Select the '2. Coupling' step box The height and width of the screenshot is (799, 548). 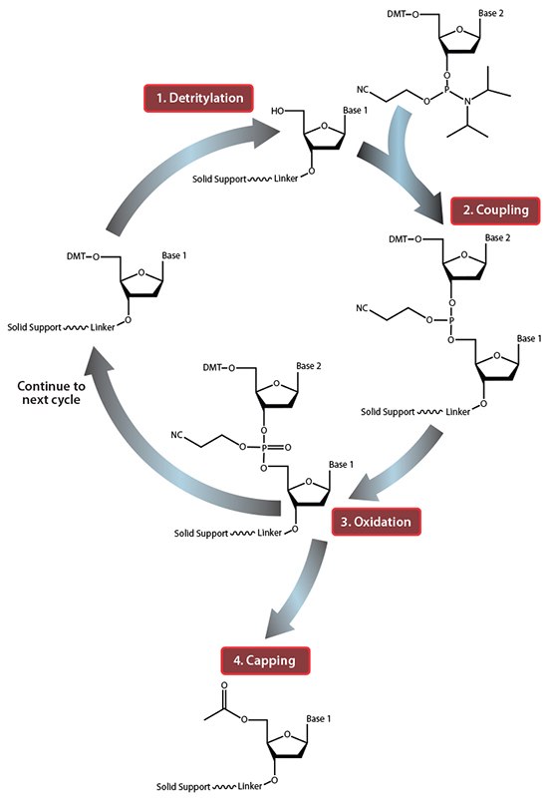pyautogui.click(x=495, y=209)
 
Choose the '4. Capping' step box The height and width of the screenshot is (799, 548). pyautogui.click(x=265, y=659)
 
